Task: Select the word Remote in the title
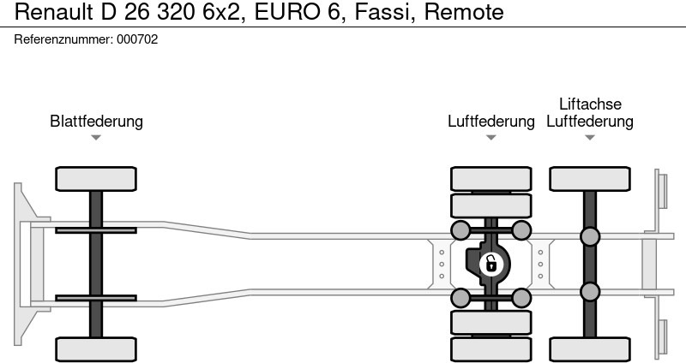click(x=462, y=12)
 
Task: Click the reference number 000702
click(x=136, y=39)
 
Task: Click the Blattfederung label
click(x=96, y=122)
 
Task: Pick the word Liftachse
click(x=590, y=104)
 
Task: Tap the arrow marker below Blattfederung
click(x=96, y=137)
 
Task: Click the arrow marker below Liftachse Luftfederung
click(x=590, y=137)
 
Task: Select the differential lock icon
click(x=490, y=263)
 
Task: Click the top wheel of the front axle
click(x=96, y=179)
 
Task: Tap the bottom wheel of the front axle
click(x=96, y=348)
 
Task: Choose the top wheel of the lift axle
click(x=590, y=179)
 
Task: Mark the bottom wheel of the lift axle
click(x=590, y=348)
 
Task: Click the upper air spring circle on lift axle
click(x=590, y=237)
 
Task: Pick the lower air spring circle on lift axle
click(x=590, y=292)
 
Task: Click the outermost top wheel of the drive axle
click(x=490, y=179)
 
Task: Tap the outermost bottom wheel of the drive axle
click(x=490, y=348)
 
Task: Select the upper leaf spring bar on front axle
click(x=96, y=230)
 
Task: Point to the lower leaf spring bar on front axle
click(x=96, y=299)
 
